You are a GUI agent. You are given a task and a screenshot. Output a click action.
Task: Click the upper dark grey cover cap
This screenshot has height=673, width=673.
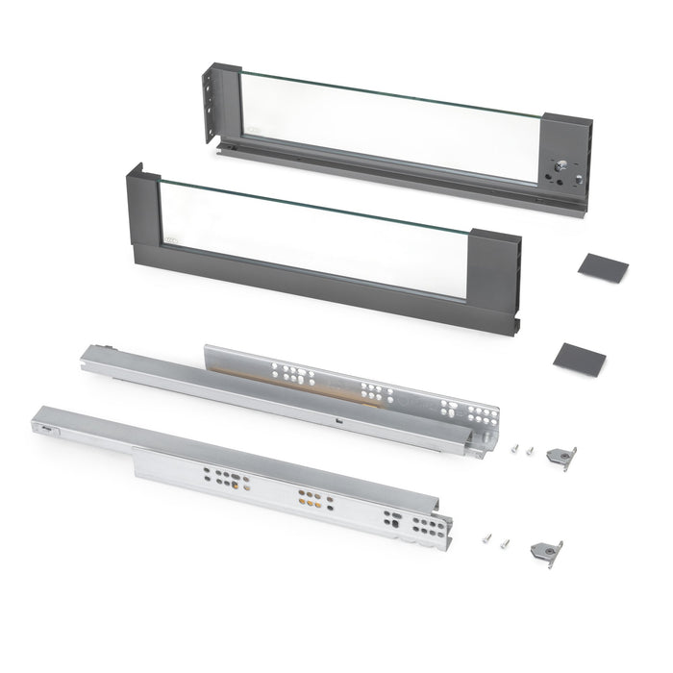(603, 267)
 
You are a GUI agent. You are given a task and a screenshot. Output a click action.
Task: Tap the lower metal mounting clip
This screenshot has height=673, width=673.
(546, 553)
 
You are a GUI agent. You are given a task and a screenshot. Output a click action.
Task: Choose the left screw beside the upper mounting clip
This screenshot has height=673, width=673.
(516, 448)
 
